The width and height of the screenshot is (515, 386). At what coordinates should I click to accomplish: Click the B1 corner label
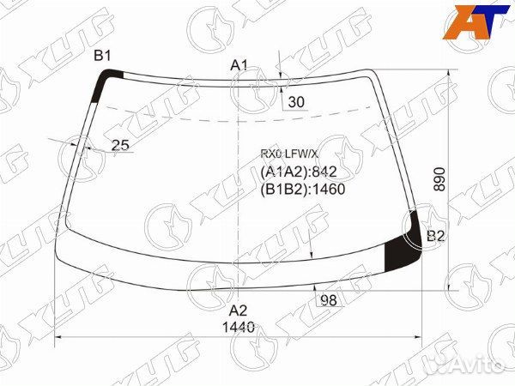102,56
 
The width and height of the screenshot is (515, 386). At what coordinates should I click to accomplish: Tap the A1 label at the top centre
239,66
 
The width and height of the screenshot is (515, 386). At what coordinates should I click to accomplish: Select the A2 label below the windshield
238,311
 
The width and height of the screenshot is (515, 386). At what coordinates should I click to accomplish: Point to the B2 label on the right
435,236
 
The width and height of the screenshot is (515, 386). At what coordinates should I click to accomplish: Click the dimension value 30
296,102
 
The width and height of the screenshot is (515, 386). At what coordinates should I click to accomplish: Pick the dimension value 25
120,145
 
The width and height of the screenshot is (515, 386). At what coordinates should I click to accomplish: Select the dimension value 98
329,300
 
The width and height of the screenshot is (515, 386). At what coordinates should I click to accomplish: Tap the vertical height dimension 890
439,179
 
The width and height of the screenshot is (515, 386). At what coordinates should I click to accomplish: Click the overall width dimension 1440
239,328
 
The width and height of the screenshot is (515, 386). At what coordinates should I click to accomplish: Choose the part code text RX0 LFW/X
289,154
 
